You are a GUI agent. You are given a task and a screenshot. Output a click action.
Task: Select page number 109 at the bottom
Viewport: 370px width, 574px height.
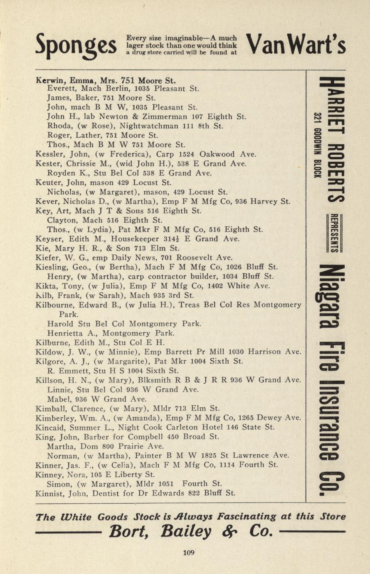[188, 553]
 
